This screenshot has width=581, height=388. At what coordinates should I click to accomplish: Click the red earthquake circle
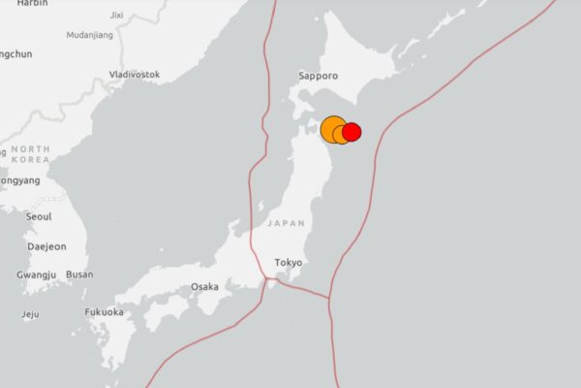point(352,132)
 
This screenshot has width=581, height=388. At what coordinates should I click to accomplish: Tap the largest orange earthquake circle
point(333,129)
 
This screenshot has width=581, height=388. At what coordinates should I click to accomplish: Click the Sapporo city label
point(318,75)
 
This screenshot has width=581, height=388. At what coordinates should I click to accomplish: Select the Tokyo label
point(289,263)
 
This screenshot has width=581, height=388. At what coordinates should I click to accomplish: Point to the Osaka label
point(204,286)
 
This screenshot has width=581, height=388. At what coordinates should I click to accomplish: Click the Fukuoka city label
point(104,312)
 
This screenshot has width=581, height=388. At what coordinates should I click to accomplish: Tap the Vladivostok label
point(135,75)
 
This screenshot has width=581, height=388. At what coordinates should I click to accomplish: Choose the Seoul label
point(39,217)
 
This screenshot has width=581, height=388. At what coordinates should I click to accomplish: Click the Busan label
point(79,275)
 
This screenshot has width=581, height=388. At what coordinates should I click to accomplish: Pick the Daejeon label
point(46,246)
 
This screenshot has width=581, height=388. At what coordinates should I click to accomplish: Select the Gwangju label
point(37,275)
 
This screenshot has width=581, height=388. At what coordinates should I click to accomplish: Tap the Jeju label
point(30,314)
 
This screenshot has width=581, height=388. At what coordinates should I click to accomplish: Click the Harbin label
point(32,4)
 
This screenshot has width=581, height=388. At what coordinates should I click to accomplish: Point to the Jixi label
point(117,16)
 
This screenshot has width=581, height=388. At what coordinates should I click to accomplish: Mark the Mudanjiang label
point(89,35)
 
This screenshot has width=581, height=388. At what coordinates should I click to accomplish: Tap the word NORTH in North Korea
point(30,149)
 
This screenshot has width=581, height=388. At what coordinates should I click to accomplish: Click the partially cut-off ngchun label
point(15,54)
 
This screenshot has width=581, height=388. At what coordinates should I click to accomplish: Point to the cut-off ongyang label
point(19,180)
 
